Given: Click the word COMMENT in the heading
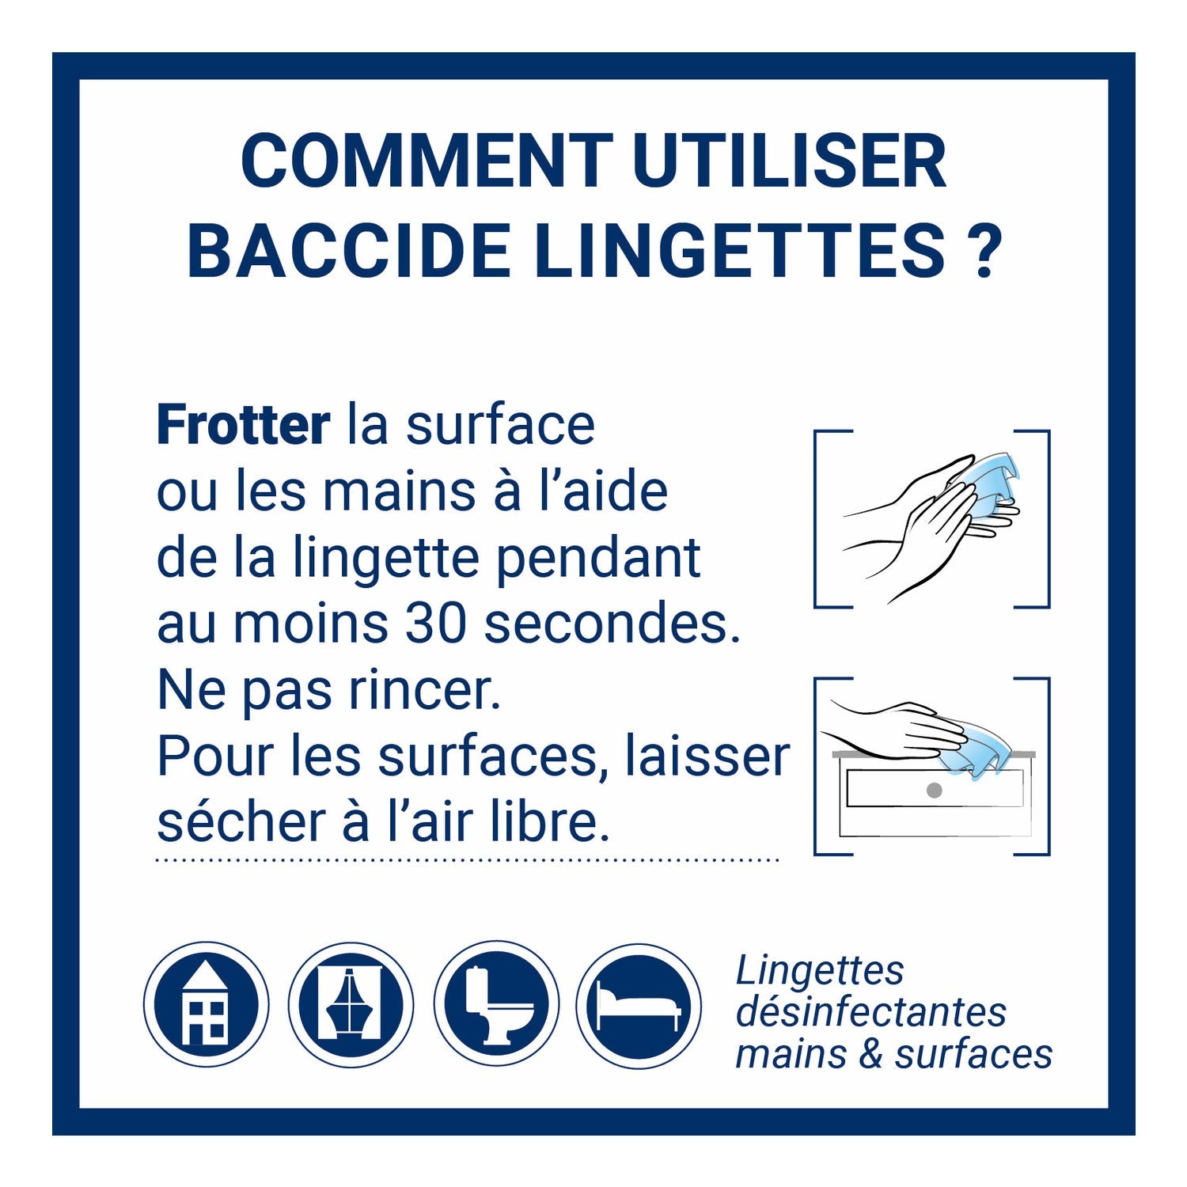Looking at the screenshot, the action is [427, 161].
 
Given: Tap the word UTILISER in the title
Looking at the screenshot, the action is [790, 161].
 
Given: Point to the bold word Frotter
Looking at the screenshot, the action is [243, 425].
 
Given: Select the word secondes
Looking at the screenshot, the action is [612, 624].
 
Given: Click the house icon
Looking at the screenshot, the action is [206, 1004].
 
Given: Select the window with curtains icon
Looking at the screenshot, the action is [351, 1004].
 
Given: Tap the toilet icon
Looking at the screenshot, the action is [496, 1004].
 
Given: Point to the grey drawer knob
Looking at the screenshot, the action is [934, 790].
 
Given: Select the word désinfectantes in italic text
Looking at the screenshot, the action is [871, 1012].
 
